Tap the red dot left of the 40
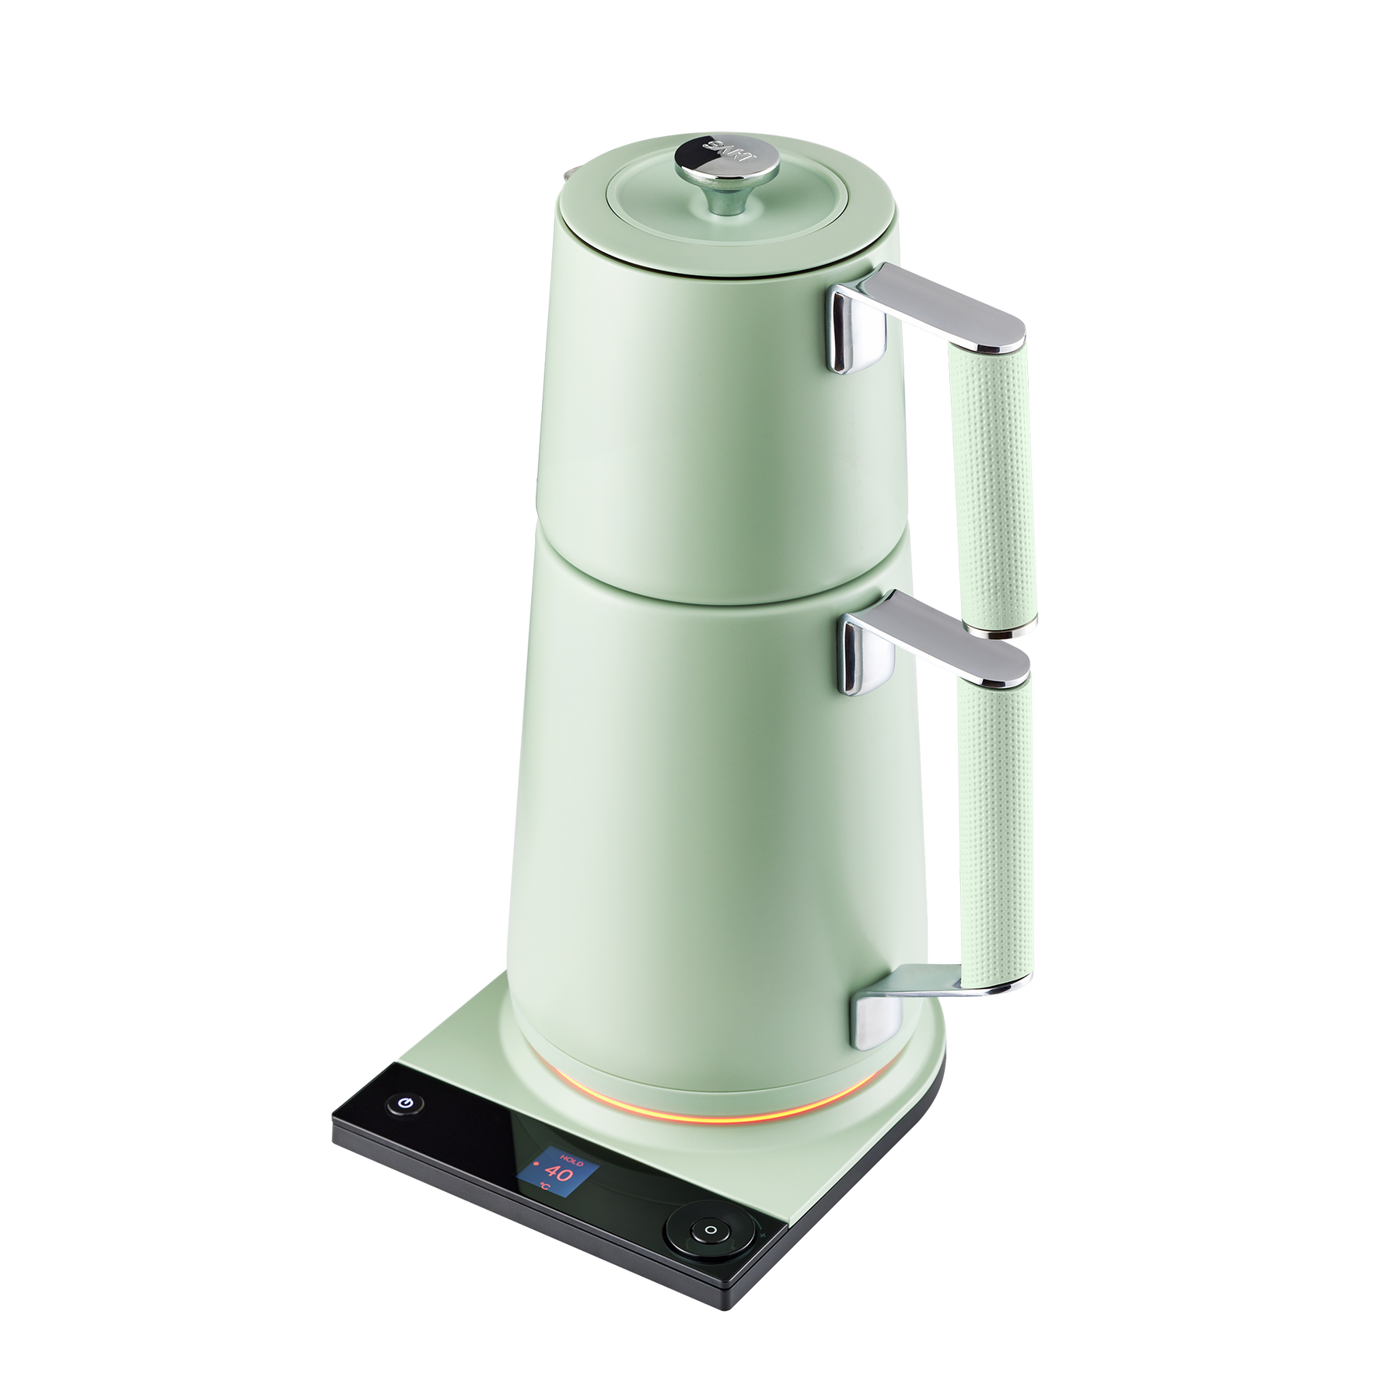click(x=536, y=1163)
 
